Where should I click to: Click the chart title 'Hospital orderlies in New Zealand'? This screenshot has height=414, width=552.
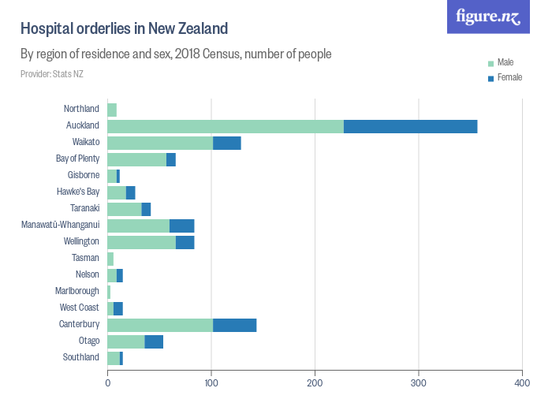tap(124, 29)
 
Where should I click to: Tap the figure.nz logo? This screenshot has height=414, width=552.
tap(488, 17)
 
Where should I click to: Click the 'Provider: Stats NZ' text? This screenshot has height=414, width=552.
tap(51, 74)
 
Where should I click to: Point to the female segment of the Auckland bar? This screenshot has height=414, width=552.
tap(410, 126)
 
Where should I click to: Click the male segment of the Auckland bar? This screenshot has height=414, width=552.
tap(225, 126)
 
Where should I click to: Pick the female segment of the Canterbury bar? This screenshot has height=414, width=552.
tap(234, 325)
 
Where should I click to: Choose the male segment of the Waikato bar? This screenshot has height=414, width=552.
tap(159, 143)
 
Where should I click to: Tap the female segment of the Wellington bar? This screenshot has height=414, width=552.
tap(185, 242)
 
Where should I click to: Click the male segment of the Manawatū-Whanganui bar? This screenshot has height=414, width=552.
tap(138, 226)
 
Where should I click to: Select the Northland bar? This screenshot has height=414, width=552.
tap(112, 110)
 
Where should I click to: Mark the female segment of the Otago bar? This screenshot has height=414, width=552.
tap(154, 341)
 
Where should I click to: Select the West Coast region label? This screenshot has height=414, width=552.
tap(80, 308)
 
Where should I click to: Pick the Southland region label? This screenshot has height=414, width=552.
tap(81, 357)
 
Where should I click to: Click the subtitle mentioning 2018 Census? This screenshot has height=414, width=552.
tap(175, 54)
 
